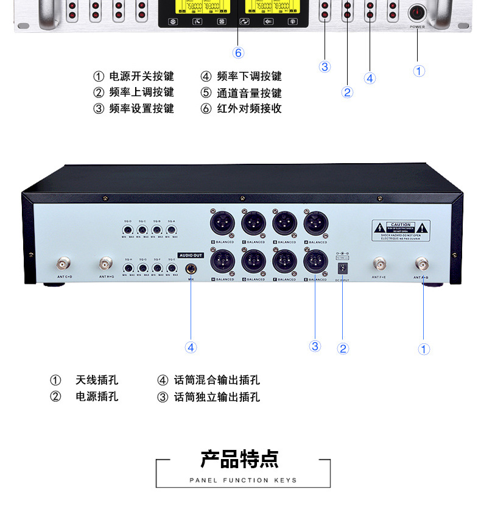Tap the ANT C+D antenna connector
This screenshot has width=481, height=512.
point(64,264)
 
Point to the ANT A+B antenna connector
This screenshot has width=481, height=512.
point(421,264)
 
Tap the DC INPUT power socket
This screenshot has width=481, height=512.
point(342,267)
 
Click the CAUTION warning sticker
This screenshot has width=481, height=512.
point(401,231)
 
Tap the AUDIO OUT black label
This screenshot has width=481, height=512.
point(191,255)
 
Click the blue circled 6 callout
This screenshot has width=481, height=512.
point(238,53)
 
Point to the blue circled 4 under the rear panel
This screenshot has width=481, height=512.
point(191,347)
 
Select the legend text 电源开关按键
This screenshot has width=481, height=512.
point(141,77)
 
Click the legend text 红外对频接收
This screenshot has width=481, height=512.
point(249,109)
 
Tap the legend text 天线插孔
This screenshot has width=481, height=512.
point(97,380)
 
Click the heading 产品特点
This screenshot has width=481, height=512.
point(240,460)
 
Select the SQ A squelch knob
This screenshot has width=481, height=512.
point(172,231)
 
